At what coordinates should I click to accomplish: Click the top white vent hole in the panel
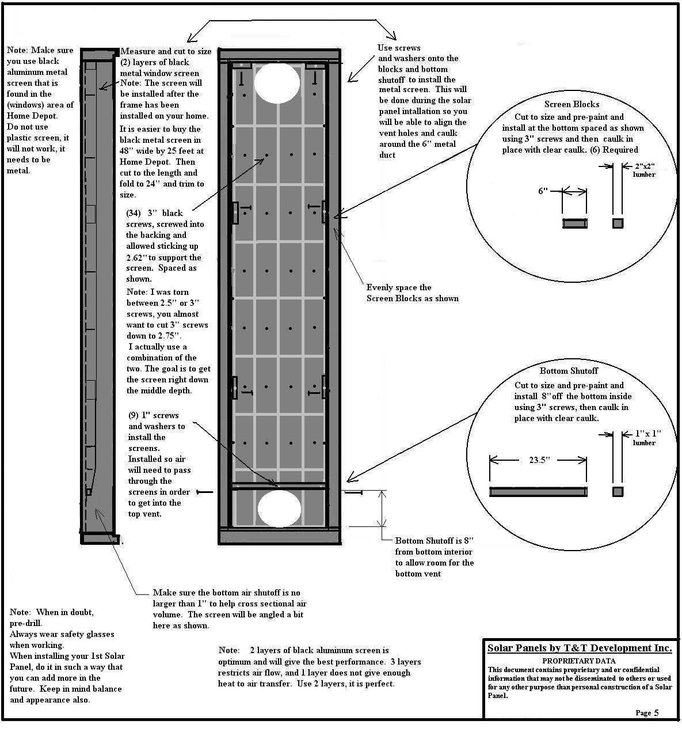[x=277, y=83]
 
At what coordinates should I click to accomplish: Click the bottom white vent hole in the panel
[x=279, y=509]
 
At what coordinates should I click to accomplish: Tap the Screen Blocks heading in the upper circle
[x=571, y=104]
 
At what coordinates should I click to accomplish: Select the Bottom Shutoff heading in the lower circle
[x=569, y=371]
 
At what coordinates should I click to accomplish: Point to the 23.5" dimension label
[x=539, y=460]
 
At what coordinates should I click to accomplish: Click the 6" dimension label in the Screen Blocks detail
[x=543, y=191]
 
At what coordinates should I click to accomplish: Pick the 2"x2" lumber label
[x=644, y=170]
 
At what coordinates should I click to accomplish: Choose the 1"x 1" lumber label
[x=646, y=438]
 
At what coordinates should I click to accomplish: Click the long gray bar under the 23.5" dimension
[x=538, y=492]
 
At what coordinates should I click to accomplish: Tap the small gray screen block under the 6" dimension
[x=574, y=223]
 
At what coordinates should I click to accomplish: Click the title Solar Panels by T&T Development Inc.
[x=579, y=648]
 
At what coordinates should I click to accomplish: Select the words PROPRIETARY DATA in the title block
[x=578, y=661]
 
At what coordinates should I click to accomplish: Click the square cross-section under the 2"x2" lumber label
[x=618, y=223]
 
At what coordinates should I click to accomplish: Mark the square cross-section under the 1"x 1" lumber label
[x=618, y=492]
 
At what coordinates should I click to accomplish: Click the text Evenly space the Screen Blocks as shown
[x=412, y=293]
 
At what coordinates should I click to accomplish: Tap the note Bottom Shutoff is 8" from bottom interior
[x=434, y=557]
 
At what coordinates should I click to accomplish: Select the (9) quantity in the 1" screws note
[x=133, y=415]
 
